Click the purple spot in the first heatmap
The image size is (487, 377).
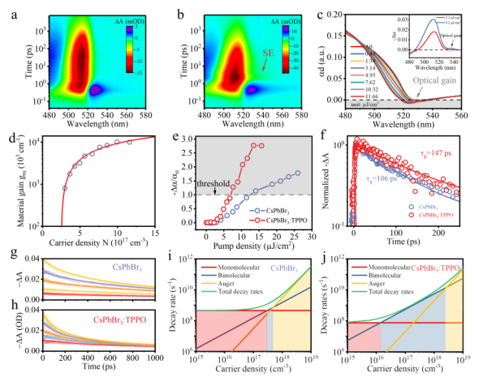[x=97, y=90]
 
